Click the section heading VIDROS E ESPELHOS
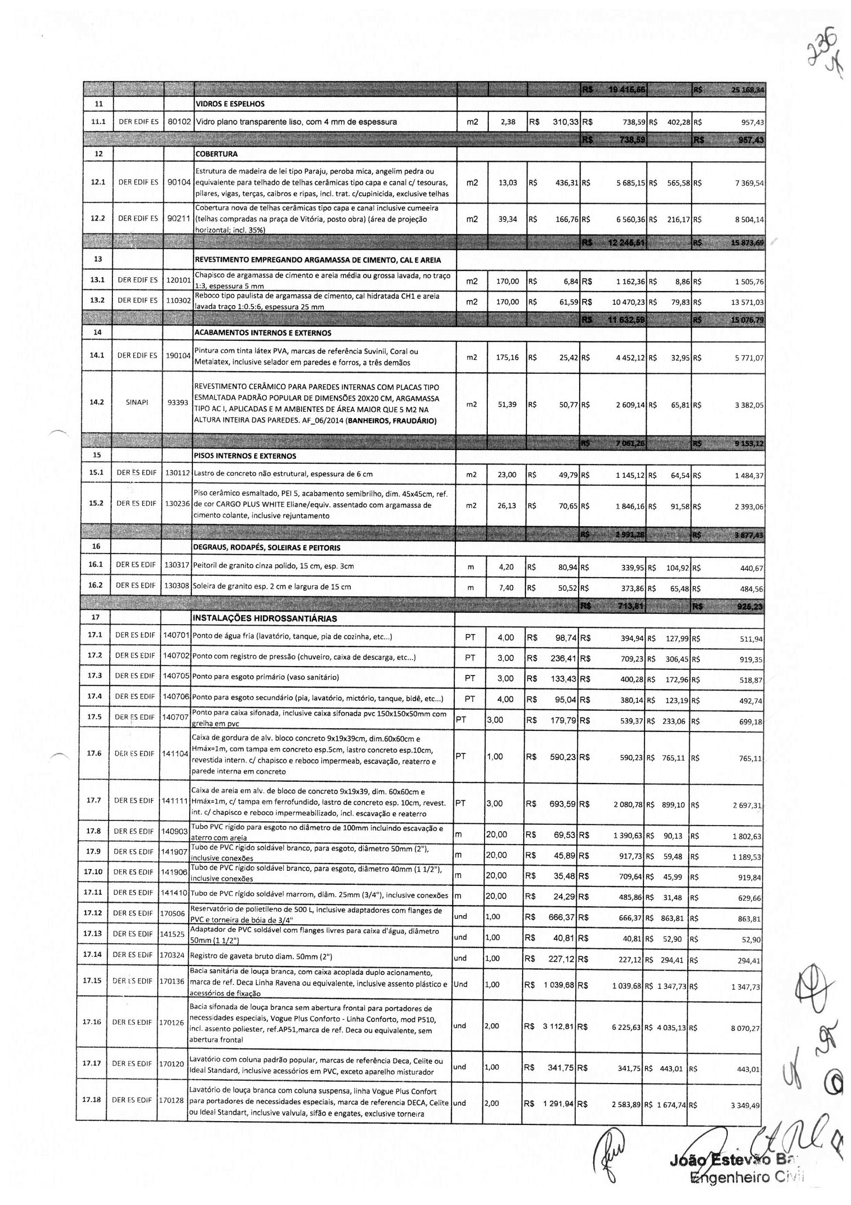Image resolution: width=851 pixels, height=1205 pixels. (229, 104)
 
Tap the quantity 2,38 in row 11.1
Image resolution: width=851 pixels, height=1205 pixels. (507, 122)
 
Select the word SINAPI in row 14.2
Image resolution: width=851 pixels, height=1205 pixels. (137, 402)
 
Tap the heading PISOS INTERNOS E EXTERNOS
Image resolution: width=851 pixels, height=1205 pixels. (245, 456)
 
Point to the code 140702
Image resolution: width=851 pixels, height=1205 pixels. (175, 656)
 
